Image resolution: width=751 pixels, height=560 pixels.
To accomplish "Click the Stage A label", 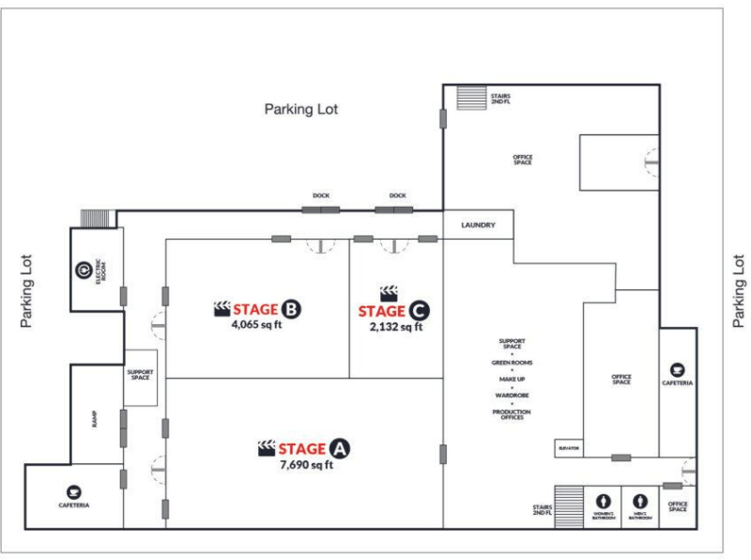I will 303,449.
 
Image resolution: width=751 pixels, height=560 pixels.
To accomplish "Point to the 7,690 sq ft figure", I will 306,464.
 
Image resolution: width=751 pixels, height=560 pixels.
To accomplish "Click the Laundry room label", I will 477,226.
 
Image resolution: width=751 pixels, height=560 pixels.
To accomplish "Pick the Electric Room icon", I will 82,271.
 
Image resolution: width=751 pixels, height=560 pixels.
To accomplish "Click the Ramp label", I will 95,419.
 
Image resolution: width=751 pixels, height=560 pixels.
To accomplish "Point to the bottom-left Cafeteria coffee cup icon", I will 74,491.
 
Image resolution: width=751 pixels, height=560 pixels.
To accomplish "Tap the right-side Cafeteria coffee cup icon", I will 677,369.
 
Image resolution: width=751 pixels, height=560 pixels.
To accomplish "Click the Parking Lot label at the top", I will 300,110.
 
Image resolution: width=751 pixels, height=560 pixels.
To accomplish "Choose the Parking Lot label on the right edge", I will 739,291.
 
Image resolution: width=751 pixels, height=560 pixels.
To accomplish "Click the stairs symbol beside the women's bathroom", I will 569,507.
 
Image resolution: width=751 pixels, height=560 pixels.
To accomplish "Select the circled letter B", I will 291,309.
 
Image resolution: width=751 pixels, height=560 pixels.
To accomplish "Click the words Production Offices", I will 512,413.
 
